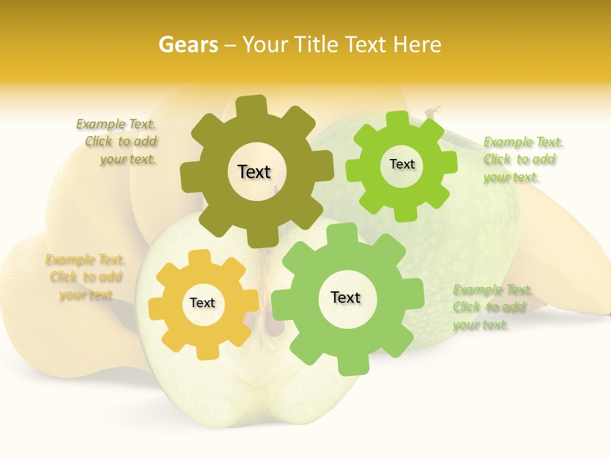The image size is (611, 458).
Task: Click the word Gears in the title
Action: [188, 45]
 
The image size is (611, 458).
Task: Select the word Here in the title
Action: [417, 45]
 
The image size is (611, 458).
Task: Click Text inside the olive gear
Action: [254, 172]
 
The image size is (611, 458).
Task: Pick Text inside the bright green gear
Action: [402, 164]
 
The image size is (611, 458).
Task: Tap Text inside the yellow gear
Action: [202, 303]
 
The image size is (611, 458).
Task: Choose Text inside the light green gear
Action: [346, 297]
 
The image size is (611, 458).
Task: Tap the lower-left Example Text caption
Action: [85, 277]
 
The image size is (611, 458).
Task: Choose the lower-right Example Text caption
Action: [491, 307]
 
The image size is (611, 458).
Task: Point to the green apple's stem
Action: [433, 113]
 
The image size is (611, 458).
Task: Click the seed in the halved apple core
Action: [276, 324]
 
